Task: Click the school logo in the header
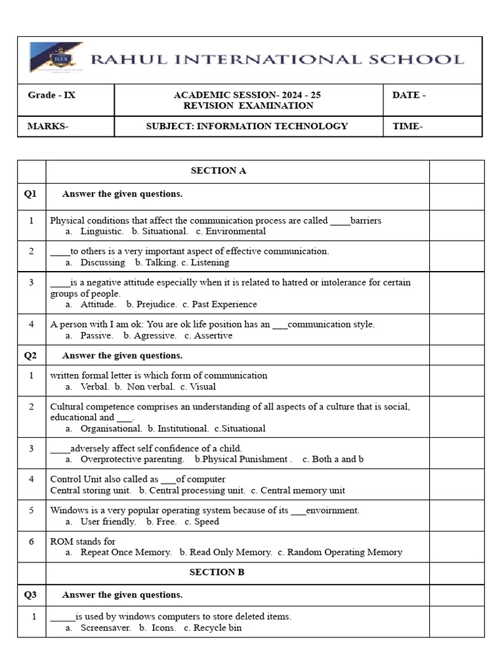click(56, 58)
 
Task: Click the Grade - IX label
click(51, 95)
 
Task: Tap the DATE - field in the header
click(409, 95)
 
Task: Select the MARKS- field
click(47, 126)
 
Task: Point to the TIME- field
click(407, 126)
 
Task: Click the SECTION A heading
click(219, 171)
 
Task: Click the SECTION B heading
click(217, 572)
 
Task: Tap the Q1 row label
click(31, 194)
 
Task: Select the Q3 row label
click(31, 595)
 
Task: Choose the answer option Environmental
click(236, 232)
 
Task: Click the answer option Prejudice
click(156, 304)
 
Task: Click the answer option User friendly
click(108, 522)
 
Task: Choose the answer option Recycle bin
click(217, 628)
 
